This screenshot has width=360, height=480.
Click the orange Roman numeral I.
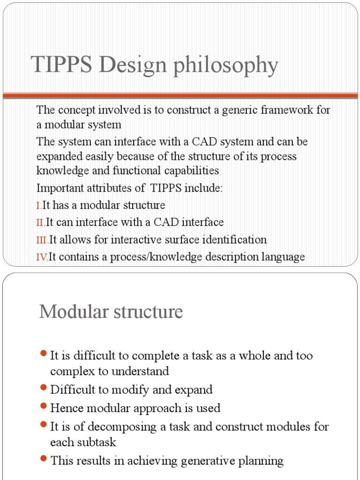click(38, 205)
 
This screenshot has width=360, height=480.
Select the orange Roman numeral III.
click(42, 240)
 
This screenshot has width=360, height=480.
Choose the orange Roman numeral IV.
click(42, 257)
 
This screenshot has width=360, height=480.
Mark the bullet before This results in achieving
click(44, 459)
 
